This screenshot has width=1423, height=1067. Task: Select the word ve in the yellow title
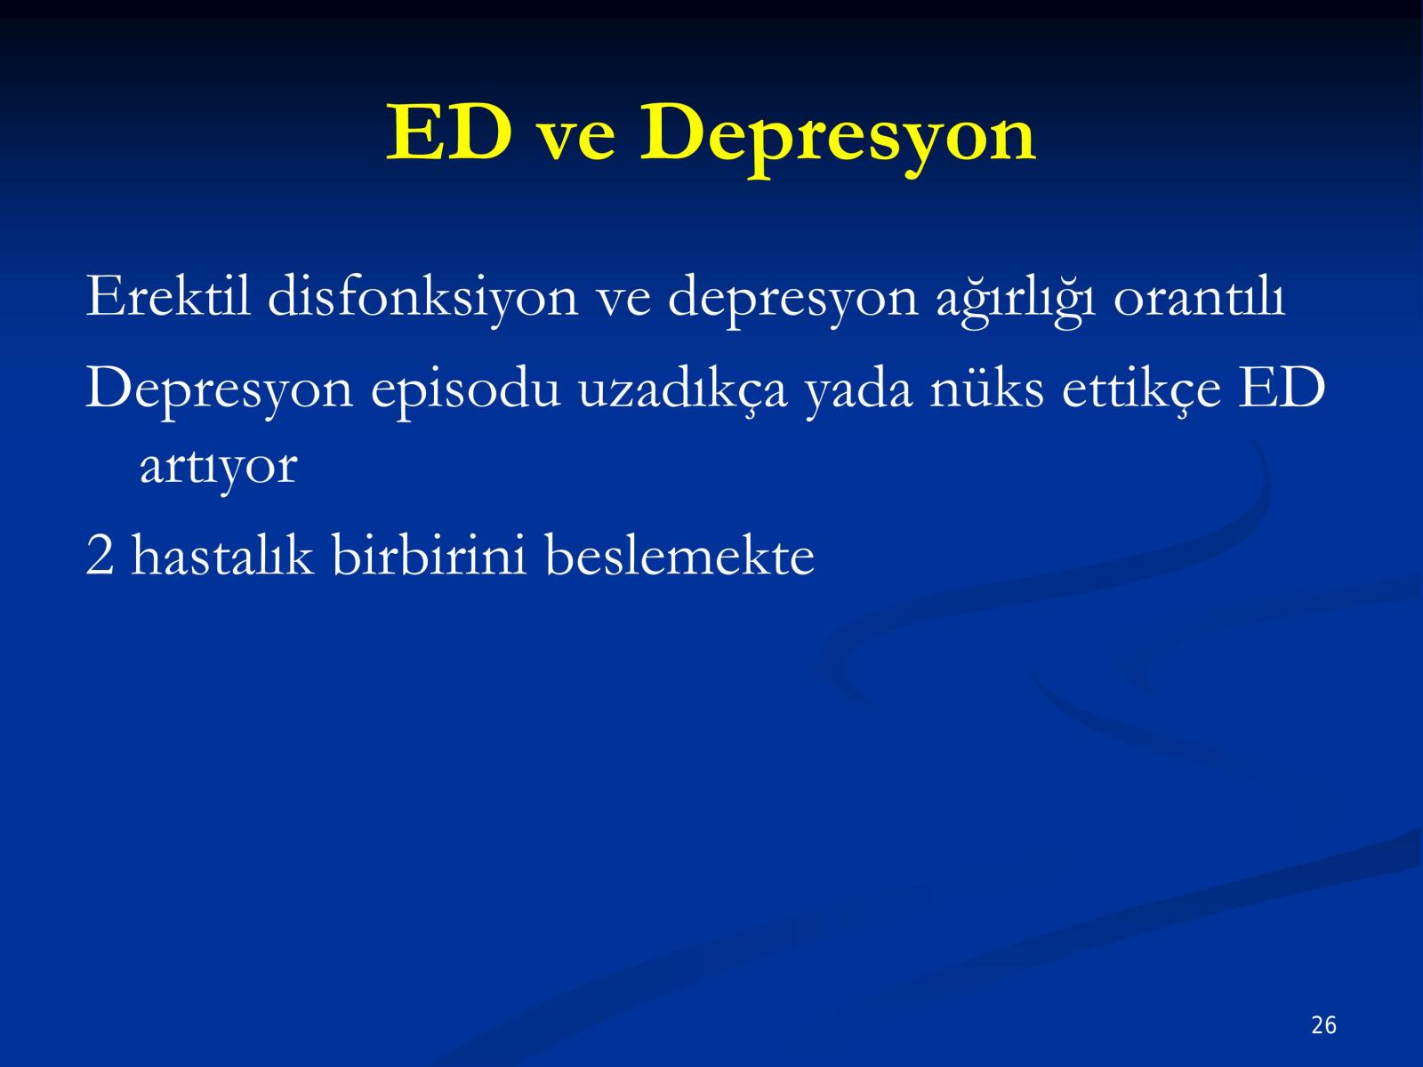[576, 140]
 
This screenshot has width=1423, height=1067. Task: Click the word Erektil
[168, 296]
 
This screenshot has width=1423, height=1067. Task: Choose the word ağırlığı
[1016, 301]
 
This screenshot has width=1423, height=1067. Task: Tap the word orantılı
[1200, 298]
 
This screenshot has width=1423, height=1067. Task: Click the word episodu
[465, 390]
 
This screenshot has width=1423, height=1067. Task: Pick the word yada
[858, 390]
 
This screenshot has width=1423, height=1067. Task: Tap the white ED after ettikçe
[1282, 388]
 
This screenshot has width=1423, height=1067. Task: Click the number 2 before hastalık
[100, 554]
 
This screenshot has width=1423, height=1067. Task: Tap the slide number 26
[1323, 1025]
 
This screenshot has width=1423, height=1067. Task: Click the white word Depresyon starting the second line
[219, 390]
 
